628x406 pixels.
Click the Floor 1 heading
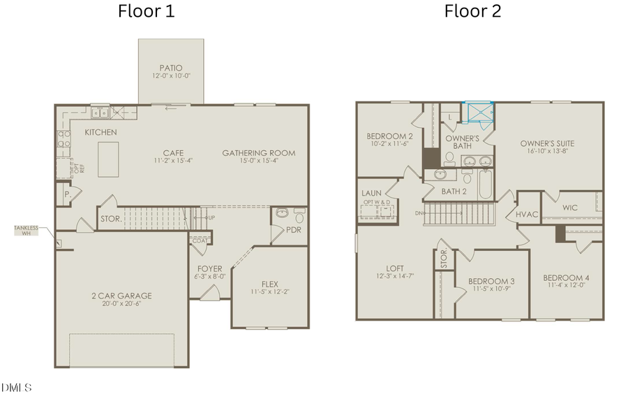coord(146,11)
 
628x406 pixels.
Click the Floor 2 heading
coord(472,11)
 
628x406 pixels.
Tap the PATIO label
coord(170,68)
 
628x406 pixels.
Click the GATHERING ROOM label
coord(258,153)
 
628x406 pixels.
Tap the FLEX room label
coord(269,284)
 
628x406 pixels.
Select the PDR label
coord(293,230)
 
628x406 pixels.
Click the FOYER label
coord(209,268)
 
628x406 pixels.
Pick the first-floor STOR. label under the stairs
coord(112,219)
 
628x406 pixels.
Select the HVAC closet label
coord(527,214)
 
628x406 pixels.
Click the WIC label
coord(569,208)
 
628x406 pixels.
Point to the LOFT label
coord(395,268)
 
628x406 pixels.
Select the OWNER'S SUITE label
coord(547,143)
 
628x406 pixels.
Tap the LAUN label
coord(371,193)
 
